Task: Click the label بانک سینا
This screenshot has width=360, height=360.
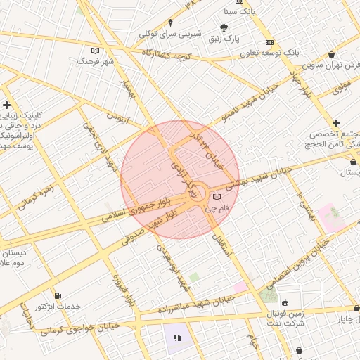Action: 240,12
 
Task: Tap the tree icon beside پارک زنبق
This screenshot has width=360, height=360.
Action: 224,28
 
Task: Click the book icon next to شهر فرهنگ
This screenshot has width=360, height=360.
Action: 96,51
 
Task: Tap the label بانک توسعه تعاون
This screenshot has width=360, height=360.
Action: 240,53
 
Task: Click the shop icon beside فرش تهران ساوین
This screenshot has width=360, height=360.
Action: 331,55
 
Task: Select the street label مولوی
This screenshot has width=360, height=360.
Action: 341,86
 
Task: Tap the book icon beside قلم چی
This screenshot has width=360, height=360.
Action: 217,196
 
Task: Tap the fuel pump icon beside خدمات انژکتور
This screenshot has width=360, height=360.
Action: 57,296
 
